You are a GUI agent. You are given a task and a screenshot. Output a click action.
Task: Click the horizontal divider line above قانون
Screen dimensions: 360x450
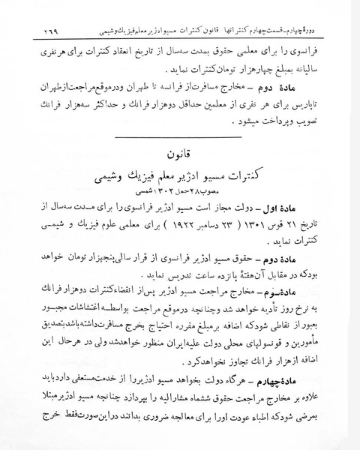[180, 137]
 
